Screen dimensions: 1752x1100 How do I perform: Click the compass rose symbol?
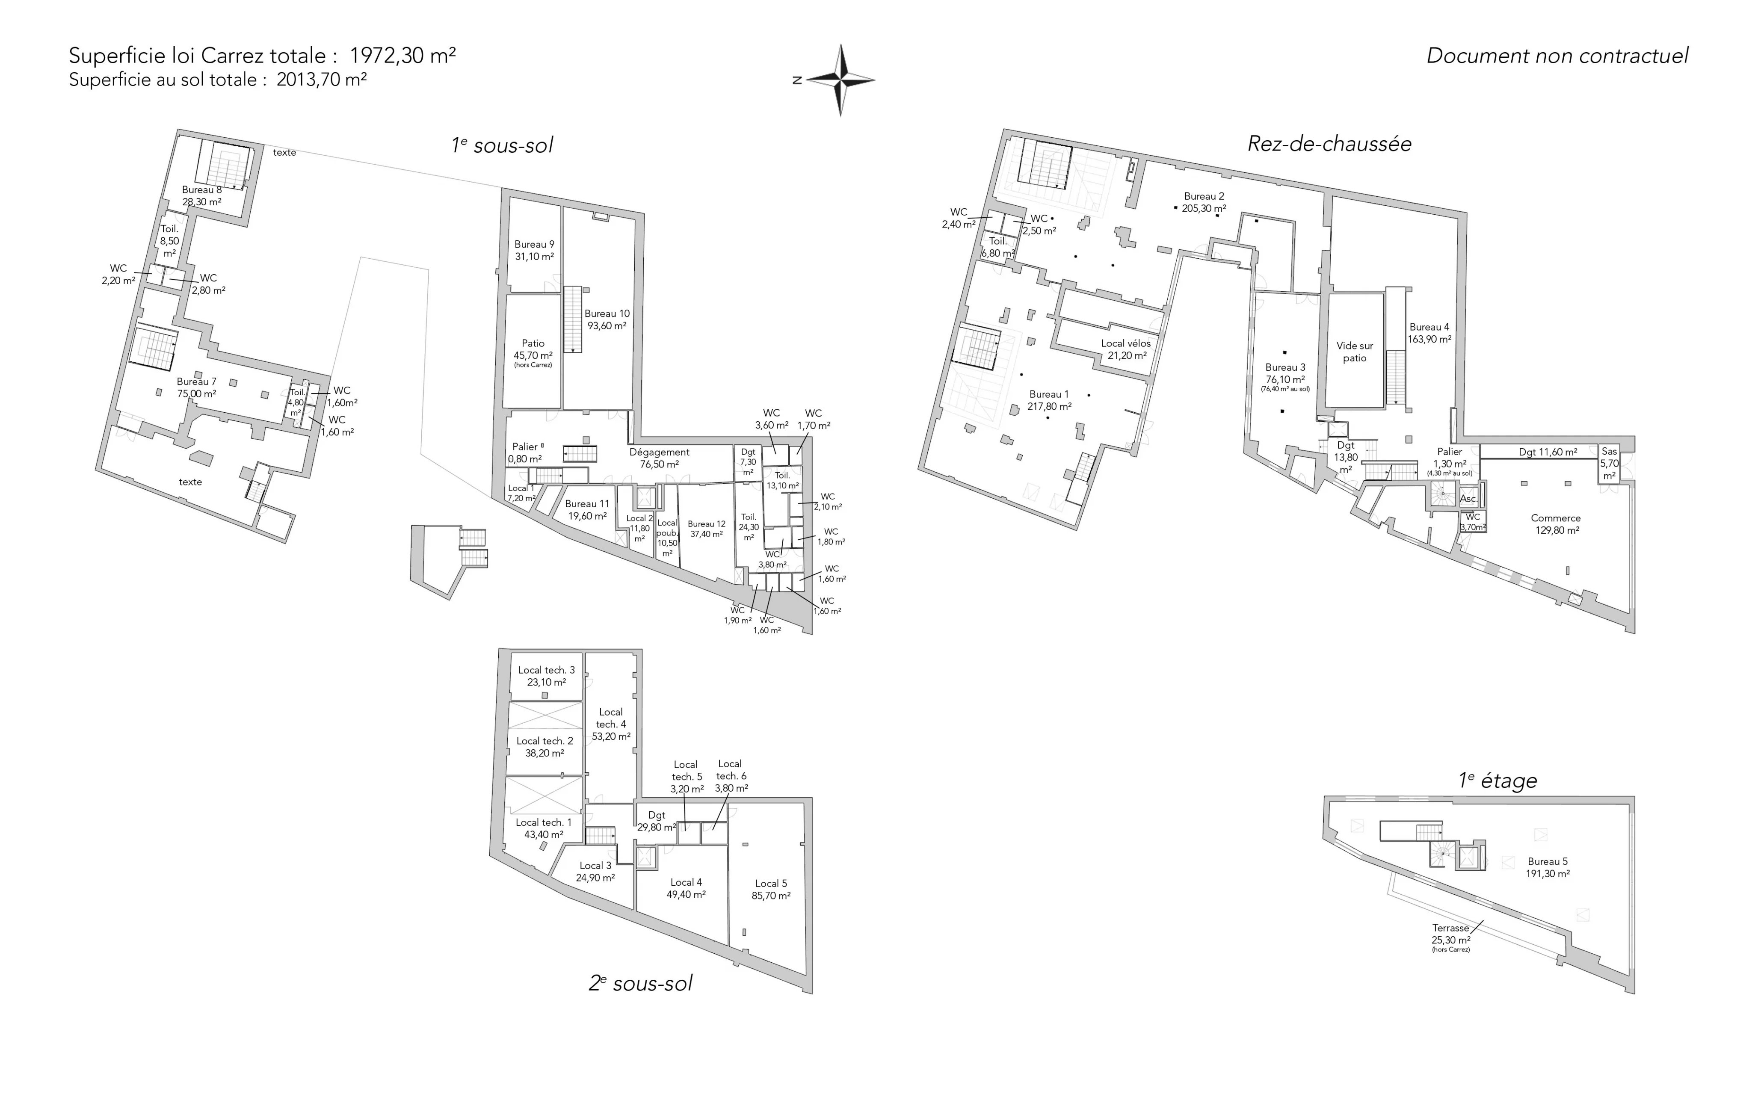[x=841, y=80]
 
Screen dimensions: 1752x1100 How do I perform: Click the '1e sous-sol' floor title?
[x=502, y=145]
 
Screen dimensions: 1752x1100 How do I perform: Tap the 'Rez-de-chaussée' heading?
[x=1329, y=143]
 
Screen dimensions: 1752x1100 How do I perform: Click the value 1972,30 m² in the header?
[x=402, y=55]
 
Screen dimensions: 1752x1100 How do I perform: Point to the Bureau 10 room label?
[x=607, y=320]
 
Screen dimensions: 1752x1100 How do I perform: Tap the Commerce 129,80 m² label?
[x=1556, y=524]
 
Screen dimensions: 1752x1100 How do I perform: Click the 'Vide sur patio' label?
[x=1355, y=352]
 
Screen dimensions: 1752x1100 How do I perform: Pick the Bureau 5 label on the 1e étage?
[x=1548, y=868]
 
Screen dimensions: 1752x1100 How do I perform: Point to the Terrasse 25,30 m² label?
[x=1451, y=938]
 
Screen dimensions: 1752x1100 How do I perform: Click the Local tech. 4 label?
[x=611, y=724]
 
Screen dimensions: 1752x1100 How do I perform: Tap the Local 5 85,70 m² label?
[x=771, y=890]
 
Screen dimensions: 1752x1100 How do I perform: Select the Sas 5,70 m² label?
[x=1610, y=464]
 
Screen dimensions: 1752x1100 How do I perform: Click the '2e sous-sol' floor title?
[x=640, y=984]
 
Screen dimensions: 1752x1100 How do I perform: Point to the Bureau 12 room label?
[x=707, y=529]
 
